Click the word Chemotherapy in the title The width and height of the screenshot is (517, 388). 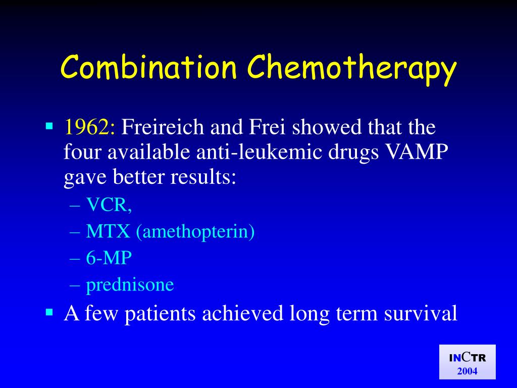pos(352,69)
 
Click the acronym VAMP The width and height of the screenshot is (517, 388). pos(422,152)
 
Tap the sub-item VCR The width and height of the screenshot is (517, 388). pos(109,205)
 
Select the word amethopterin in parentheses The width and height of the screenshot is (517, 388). pos(194,232)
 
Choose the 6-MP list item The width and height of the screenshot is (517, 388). pos(109,258)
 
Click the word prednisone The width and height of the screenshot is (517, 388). pos(130,285)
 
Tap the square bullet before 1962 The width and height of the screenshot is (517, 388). pos(49,124)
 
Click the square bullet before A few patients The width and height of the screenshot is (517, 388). pos(49,312)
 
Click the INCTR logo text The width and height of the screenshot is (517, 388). pos(467,358)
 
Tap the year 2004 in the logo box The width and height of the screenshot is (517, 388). pos(467,371)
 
